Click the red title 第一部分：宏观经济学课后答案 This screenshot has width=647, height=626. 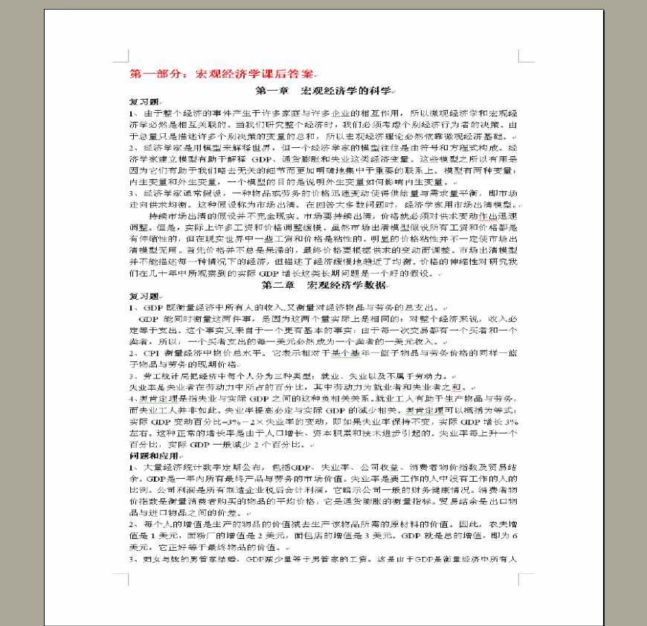[222, 74]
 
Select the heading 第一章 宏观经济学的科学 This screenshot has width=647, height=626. [323, 91]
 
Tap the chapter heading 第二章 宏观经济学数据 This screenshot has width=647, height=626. [323, 285]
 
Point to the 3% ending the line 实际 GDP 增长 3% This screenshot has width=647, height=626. [511, 421]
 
